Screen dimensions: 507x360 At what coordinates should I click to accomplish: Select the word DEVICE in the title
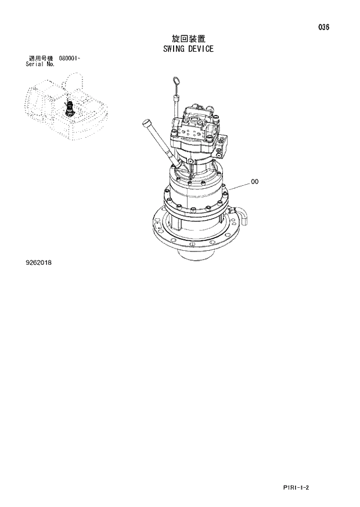tap(200, 49)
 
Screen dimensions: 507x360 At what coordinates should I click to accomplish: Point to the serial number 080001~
tap(70, 59)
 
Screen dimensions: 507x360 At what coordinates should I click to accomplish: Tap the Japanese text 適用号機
tap(41, 59)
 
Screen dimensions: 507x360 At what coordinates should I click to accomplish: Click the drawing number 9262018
tap(38, 263)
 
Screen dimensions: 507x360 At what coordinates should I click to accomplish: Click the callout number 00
tap(255, 182)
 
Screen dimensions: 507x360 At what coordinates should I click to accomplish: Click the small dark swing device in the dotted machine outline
tap(71, 107)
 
